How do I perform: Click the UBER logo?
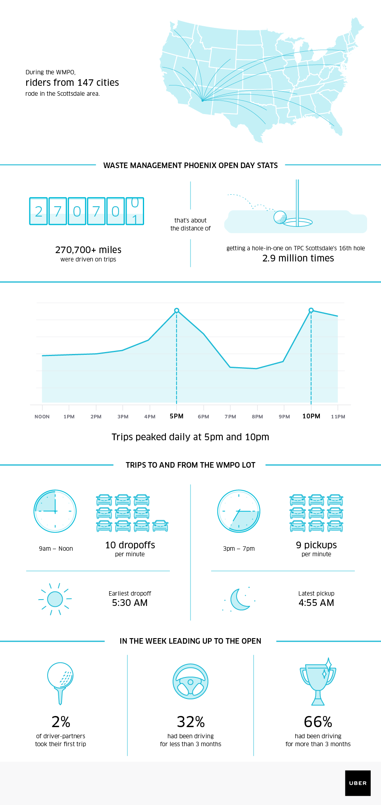coord(358,783)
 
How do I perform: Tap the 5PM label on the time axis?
coord(177,416)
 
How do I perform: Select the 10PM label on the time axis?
coord(311,416)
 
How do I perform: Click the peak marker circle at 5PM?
coord(177,310)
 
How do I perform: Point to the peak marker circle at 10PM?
coord(311,310)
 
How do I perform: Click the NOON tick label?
coord(42,416)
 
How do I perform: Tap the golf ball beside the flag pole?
coord(280,217)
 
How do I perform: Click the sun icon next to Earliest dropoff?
coord(55,599)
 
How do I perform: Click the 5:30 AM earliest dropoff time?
coord(130,603)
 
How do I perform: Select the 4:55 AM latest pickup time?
coord(316,603)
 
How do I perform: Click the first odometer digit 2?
coord(38,211)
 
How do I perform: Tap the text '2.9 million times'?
coord(298,258)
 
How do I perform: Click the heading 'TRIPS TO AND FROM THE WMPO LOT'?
coord(190,465)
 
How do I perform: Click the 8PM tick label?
coord(257,416)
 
